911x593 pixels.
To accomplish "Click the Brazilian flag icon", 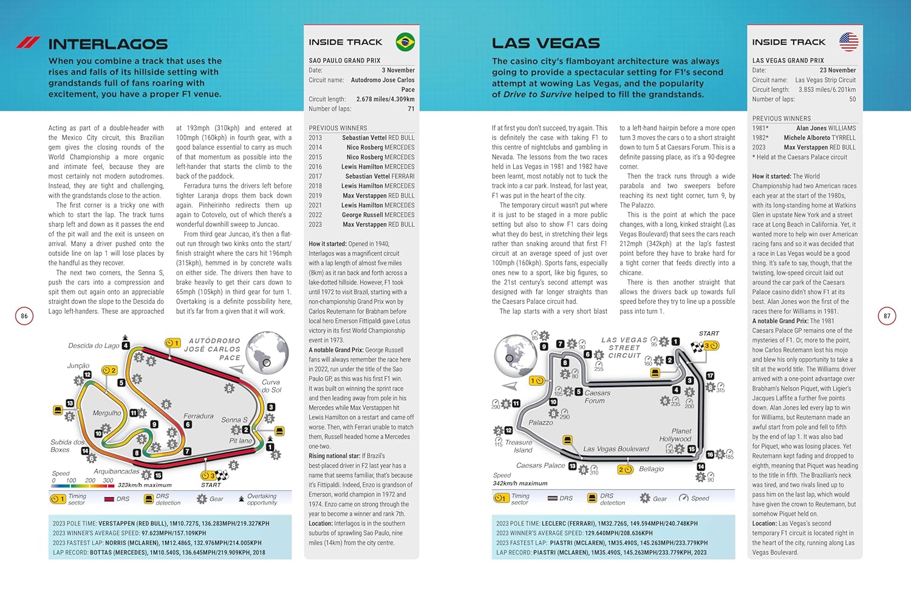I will [405, 42].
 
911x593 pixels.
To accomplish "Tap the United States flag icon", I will [848, 41].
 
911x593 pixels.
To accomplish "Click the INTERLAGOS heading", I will [107, 44].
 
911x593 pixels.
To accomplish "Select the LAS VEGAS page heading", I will [545, 43].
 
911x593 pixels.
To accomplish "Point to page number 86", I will [24, 316].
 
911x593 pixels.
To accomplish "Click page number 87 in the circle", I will [887, 316].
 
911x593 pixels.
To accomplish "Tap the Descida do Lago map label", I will [94, 346].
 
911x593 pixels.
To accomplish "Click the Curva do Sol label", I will [271, 386].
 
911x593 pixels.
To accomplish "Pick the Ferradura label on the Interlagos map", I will [199, 416].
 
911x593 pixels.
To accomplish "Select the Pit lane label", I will [241, 440].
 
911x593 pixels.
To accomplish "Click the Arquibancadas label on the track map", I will [117, 471].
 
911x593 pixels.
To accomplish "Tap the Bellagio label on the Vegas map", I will [651, 469].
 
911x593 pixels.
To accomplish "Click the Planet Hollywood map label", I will [676, 435].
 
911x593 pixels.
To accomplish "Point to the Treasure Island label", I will [519, 446].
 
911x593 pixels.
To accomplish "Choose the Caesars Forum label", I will [597, 397].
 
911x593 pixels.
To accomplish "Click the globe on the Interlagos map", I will [267, 352].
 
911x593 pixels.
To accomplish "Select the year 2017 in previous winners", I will [315, 176].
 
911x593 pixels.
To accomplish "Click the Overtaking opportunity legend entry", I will [261, 499].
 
